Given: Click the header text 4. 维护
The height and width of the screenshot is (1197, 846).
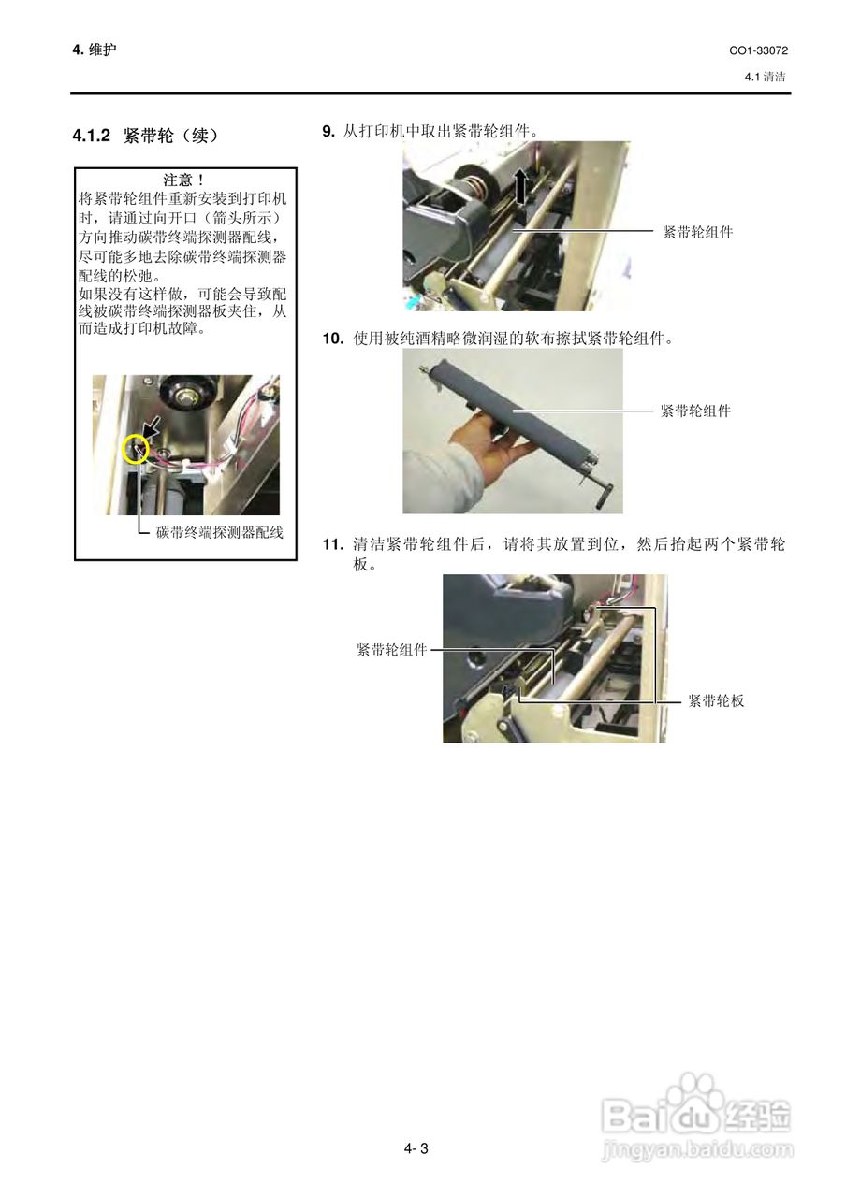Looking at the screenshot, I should tap(95, 50).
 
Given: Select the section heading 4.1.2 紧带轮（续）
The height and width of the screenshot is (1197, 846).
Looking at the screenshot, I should tap(146, 137).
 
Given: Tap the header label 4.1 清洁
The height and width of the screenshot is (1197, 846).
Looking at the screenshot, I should tap(765, 77).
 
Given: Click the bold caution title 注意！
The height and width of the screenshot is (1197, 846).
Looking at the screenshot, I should tap(184, 180).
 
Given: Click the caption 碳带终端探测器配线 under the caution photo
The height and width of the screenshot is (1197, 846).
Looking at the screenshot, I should tap(219, 533).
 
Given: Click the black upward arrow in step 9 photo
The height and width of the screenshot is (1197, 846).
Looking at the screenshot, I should tap(520, 185).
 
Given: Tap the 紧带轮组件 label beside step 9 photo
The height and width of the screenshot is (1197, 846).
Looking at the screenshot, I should tap(697, 232).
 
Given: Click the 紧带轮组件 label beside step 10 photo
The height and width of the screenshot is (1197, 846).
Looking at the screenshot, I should tap(695, 410).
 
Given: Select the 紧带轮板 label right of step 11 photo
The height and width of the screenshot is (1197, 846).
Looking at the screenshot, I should tap(716, 699).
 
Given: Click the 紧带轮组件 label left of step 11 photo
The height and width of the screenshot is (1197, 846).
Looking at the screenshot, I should tap(391, 649).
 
